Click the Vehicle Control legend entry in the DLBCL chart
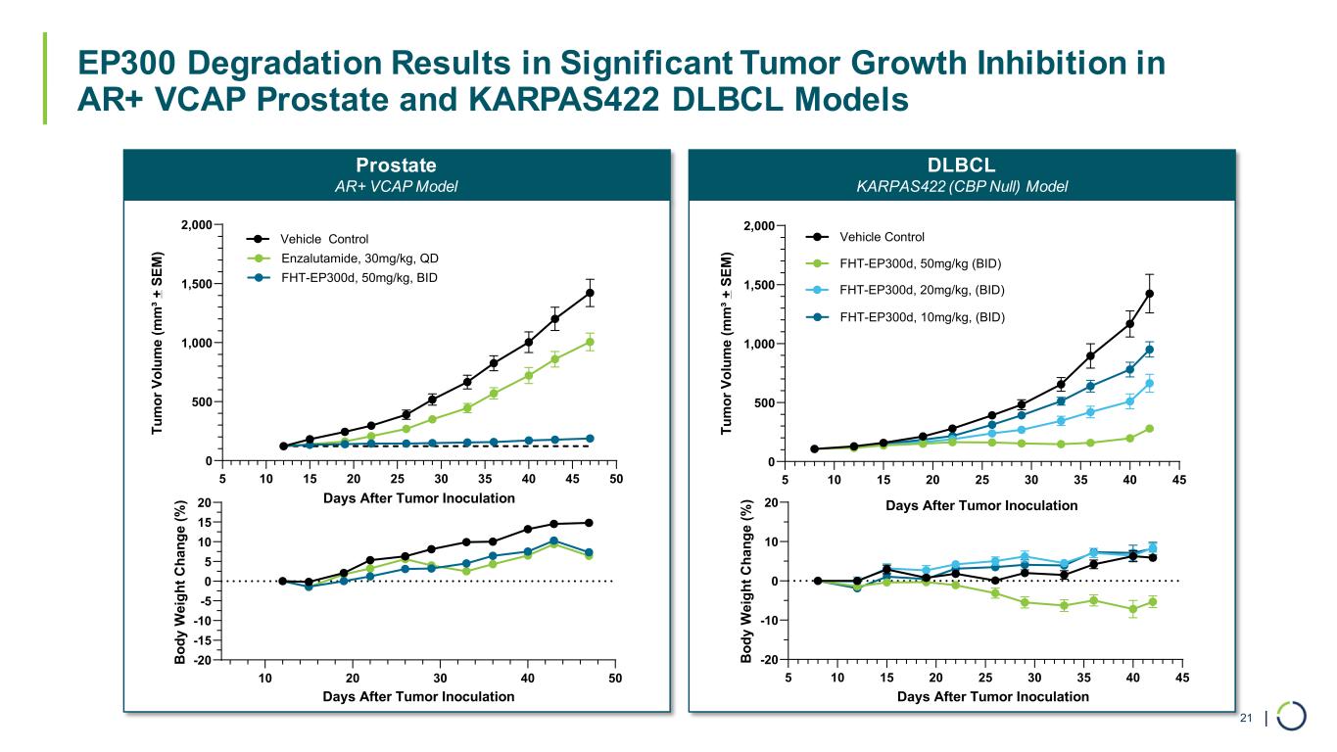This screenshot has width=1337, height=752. [882, 236]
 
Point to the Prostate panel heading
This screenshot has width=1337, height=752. [397, 164]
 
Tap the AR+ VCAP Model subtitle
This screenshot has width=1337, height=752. [397, 186]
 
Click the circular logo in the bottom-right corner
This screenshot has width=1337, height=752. [1291, 716]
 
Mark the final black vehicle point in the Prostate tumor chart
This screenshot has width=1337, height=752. [590, 293]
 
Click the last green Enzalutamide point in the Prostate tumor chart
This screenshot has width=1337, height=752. [590, 343]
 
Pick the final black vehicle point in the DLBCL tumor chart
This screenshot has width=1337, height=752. [1149, 294]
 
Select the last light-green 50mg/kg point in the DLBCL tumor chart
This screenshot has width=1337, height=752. [1149, 429]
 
